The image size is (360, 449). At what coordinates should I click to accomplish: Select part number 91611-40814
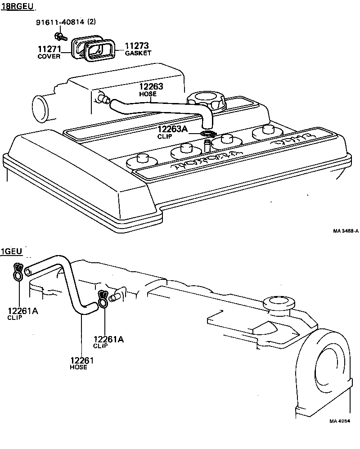[x=60, y=22]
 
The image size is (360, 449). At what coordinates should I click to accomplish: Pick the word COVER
[x=49, y=57]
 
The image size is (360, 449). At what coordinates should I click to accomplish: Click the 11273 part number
[x=137, y=46]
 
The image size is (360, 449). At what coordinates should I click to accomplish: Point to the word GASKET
[x=138, y=53]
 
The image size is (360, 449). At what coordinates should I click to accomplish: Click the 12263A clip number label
[x=173, y=130]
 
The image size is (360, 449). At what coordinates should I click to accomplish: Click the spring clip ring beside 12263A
[x=208, y=134]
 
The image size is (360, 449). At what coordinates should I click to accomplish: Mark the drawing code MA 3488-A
[x=346, y=231]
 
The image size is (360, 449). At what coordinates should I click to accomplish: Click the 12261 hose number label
[x=82, y=360]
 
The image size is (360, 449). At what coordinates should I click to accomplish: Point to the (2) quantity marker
[x=91, y=22]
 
